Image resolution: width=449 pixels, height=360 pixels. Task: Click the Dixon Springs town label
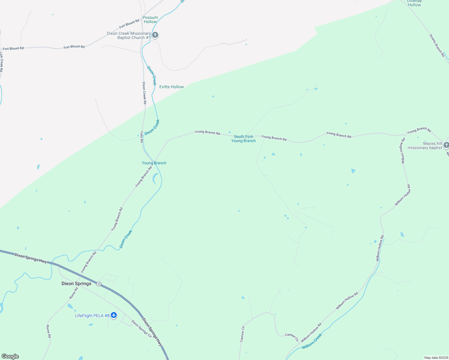tap(76, 283)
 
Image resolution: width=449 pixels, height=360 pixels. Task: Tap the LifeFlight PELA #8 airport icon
tap(113, 315)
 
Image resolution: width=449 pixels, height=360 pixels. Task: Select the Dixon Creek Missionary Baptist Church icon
tap(155, 35)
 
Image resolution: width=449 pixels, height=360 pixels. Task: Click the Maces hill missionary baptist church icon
tap(446, 145)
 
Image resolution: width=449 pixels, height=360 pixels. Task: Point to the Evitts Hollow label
tap(171, 87)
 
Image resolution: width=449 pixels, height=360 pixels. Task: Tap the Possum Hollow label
tap(150, 19)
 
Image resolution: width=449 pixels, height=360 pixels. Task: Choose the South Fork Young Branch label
tap(243, 139)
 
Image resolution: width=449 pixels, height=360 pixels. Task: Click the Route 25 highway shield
tap(99, 284)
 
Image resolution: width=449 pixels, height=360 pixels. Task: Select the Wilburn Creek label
tap(312, 341)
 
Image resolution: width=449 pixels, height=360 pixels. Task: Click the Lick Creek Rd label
tap(2, 62)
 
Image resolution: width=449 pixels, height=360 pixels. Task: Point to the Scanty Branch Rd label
tap(437, 45)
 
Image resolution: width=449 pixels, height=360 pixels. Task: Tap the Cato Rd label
tap(142, 136)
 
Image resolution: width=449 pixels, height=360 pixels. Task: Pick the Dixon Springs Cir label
tap(142, 329)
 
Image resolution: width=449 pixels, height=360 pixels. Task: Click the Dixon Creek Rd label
tap(144, 93)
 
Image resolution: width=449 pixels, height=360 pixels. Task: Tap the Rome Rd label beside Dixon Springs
tap(74, 293)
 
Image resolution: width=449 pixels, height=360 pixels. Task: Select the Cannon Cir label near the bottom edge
tap(242, 334)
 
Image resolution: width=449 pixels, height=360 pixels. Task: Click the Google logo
tap(10, 356)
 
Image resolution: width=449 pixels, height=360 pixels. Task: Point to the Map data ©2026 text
tap(435, 358)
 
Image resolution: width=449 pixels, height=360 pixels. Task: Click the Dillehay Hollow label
tap(414, 3)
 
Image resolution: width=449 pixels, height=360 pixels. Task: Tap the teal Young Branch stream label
tap(154, 163)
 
